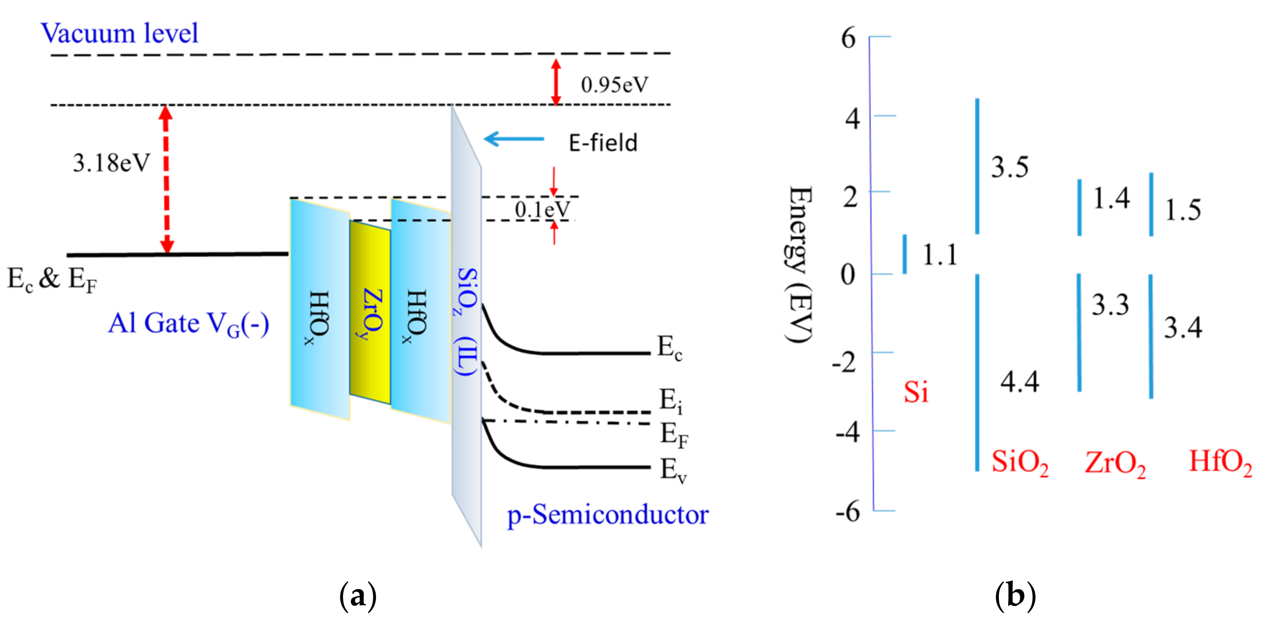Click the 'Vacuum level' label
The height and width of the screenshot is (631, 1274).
[119, 33]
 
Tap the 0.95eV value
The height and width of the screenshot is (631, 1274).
[614, 85]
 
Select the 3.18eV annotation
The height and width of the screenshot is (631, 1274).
[111, 163]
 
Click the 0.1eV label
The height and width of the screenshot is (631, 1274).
[542, 210]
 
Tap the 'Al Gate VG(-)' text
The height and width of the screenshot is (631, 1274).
[188, 324]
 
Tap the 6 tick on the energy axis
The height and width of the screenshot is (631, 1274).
[848, 38]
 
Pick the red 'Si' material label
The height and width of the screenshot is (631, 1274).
[916, 392]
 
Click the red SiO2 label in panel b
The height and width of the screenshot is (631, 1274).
[1020, 462]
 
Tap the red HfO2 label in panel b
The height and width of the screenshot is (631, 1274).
[1220, 462]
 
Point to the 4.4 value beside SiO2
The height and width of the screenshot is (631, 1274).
[1020, 382]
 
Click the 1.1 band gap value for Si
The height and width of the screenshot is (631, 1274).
[940, 255]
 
